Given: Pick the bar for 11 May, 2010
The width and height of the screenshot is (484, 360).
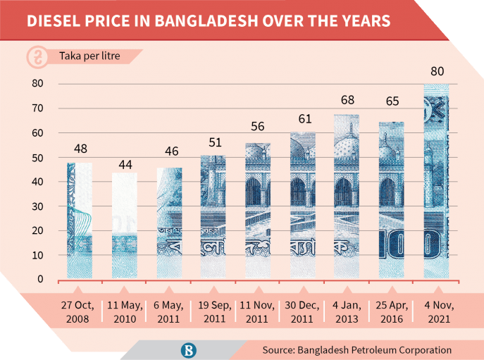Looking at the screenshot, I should (124, 225).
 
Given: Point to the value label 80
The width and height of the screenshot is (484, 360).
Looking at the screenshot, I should (436, 72).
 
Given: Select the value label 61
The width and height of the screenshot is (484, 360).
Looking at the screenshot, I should (303, 118).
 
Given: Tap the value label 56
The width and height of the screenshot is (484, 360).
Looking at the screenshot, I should (258, 128).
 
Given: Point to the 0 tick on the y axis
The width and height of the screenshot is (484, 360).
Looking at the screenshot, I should (41, 280).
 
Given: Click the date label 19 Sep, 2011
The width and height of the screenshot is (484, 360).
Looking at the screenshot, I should (213, 311).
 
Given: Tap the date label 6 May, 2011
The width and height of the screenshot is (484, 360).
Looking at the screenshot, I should (169, 311).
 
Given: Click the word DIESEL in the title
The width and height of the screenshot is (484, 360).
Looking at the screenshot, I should (54, 21).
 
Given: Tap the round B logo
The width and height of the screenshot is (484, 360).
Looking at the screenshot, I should (189, 349).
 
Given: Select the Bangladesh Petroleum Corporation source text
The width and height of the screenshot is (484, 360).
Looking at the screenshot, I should (356, 349).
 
